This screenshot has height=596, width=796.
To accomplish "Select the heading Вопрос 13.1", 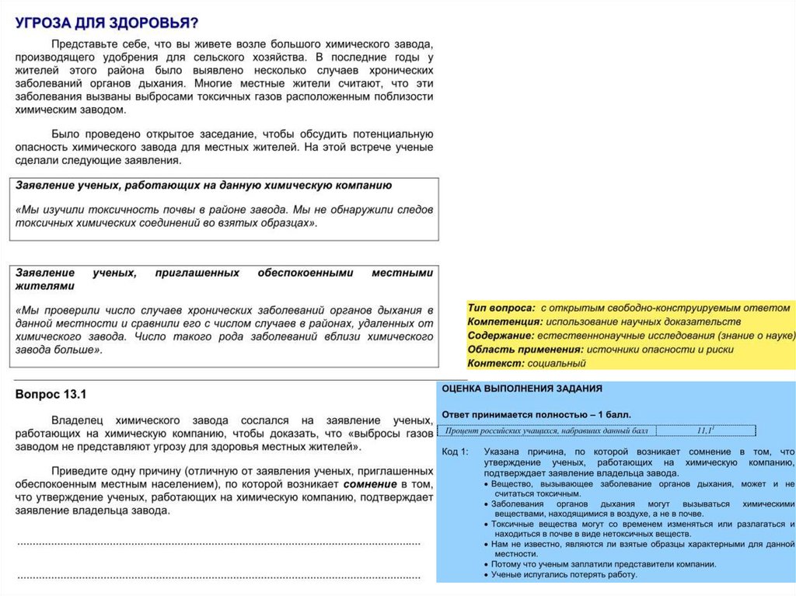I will point(51,395).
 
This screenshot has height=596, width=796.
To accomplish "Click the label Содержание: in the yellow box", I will point(501,336).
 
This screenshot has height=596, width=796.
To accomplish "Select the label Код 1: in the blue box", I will point(455,451).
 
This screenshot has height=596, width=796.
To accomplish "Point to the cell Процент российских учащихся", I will point(546,430).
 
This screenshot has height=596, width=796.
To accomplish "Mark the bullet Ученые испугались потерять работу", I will point(564,575).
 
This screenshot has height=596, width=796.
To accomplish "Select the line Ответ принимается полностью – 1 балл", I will point(536,414).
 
